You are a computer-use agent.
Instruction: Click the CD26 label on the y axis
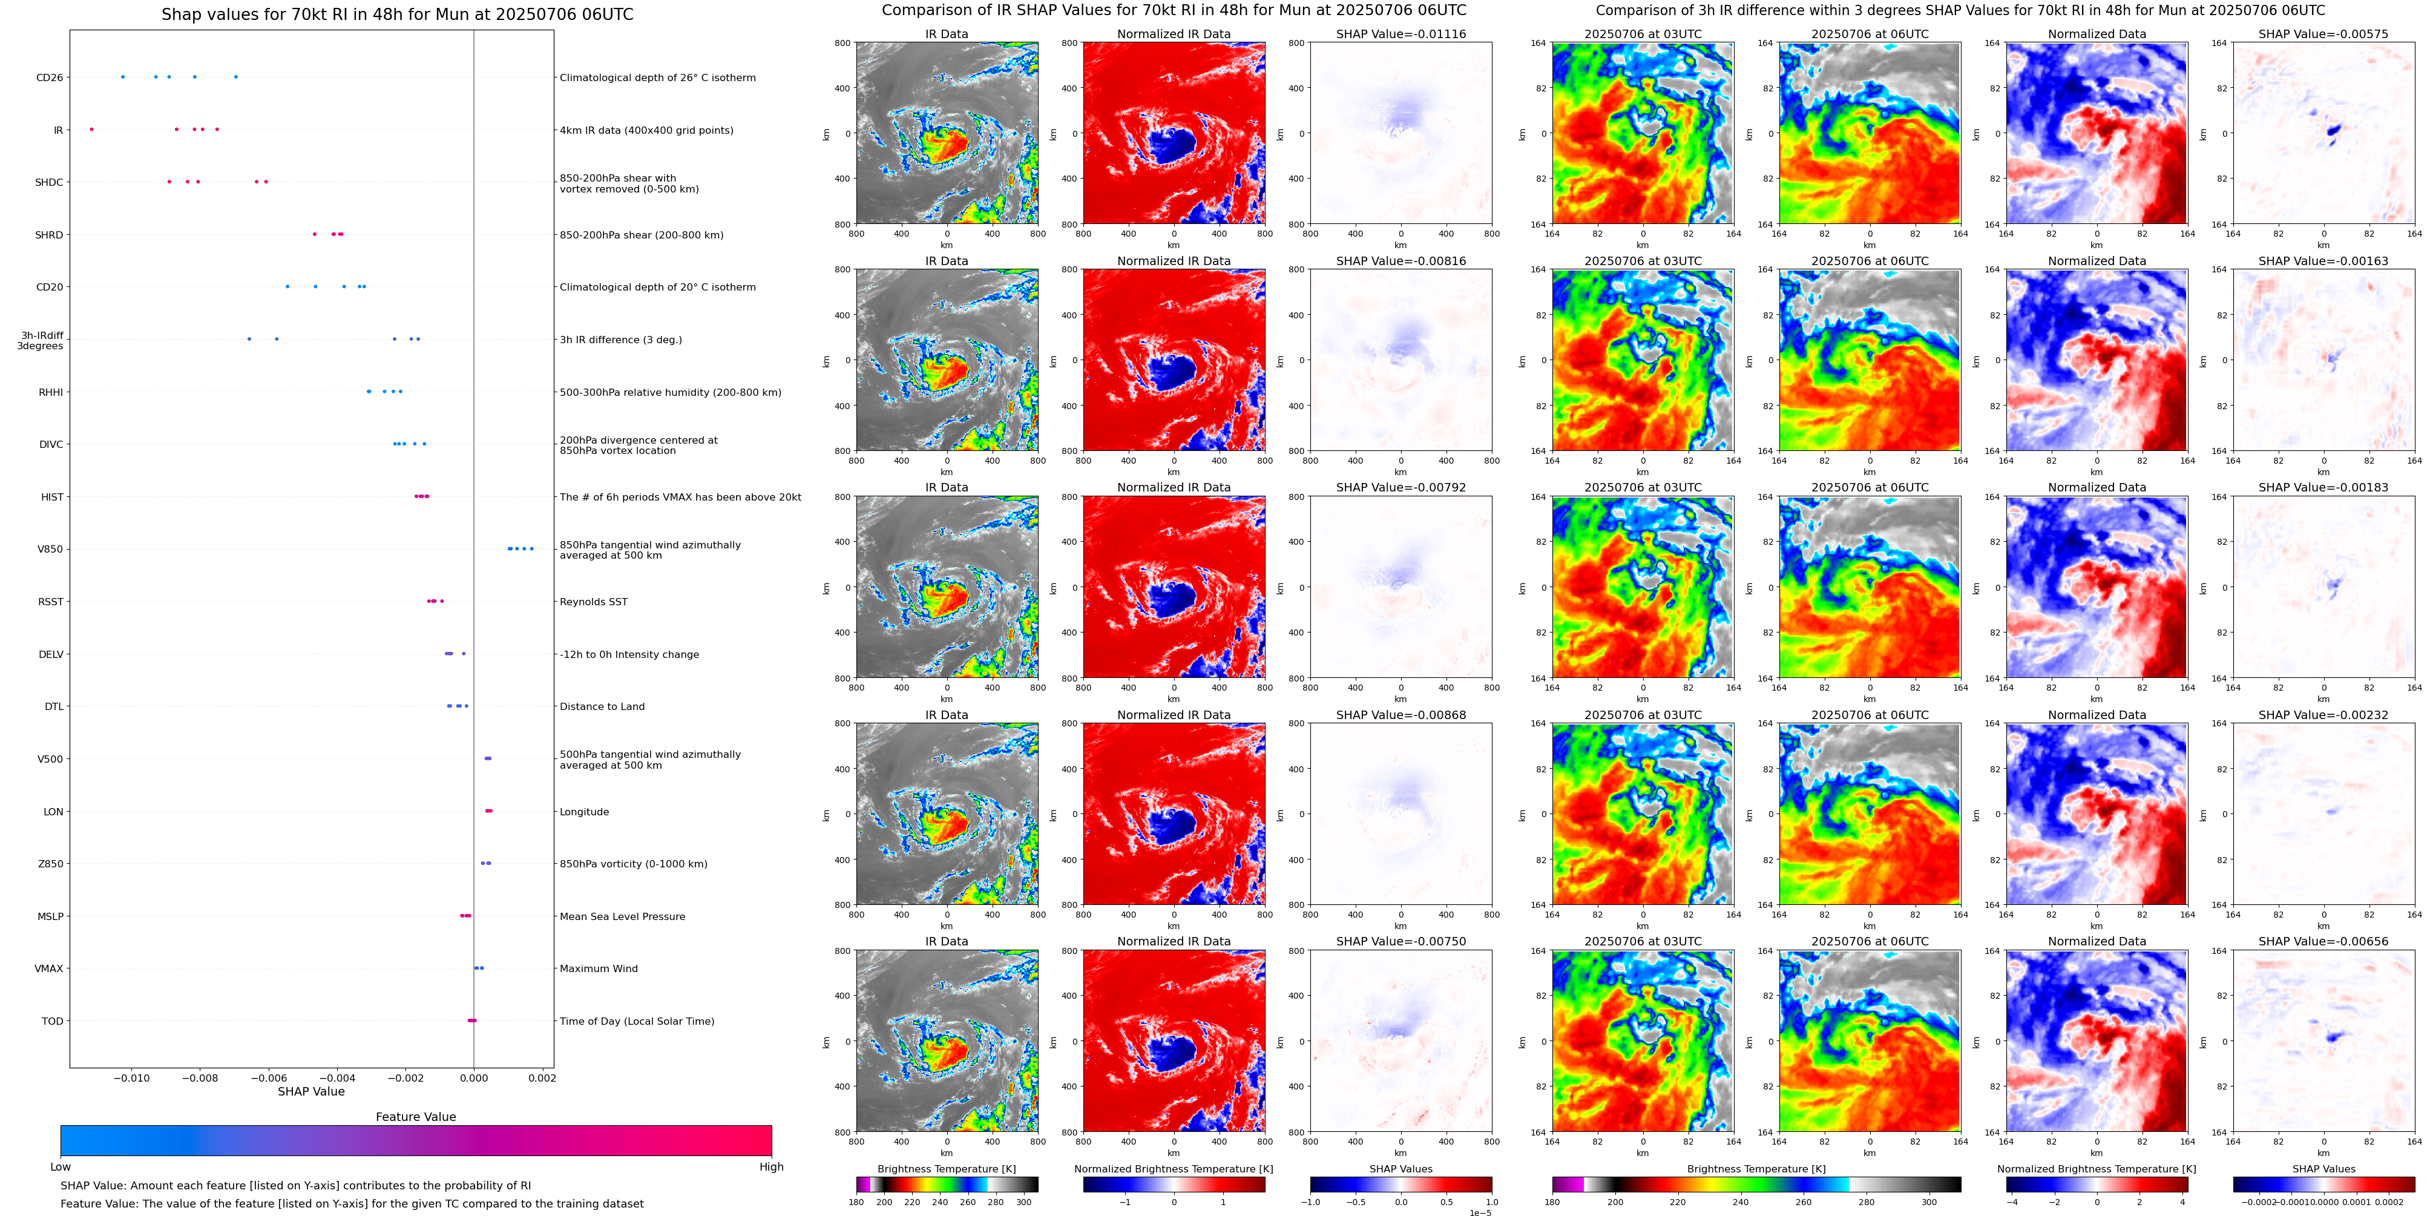(x=49, y=77)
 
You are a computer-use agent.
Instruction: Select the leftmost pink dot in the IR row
(x=91, y=130)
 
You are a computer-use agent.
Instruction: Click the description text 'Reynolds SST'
(x=593, y=602)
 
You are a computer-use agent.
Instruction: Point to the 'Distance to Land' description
(x=602, y=706)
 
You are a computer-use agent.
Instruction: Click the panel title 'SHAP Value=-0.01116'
(x=1401, y=34)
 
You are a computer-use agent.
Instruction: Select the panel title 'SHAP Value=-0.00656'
(x=2323, y=941)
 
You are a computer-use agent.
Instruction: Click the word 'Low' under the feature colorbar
(x=61, y=1167)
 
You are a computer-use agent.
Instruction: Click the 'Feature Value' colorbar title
(x=416, y=1117)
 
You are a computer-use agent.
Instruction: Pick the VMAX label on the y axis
(x=49, y=969)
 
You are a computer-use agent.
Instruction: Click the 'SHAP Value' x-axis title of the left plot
(x=311, y=1091)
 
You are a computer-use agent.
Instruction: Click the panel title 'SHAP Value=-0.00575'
(x=2323, y=34)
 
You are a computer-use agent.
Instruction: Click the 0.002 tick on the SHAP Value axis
(x=542, y=1077)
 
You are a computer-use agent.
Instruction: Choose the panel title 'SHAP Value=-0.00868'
(x=1401, y=715)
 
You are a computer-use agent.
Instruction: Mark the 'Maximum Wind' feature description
(x=599, y=969)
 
